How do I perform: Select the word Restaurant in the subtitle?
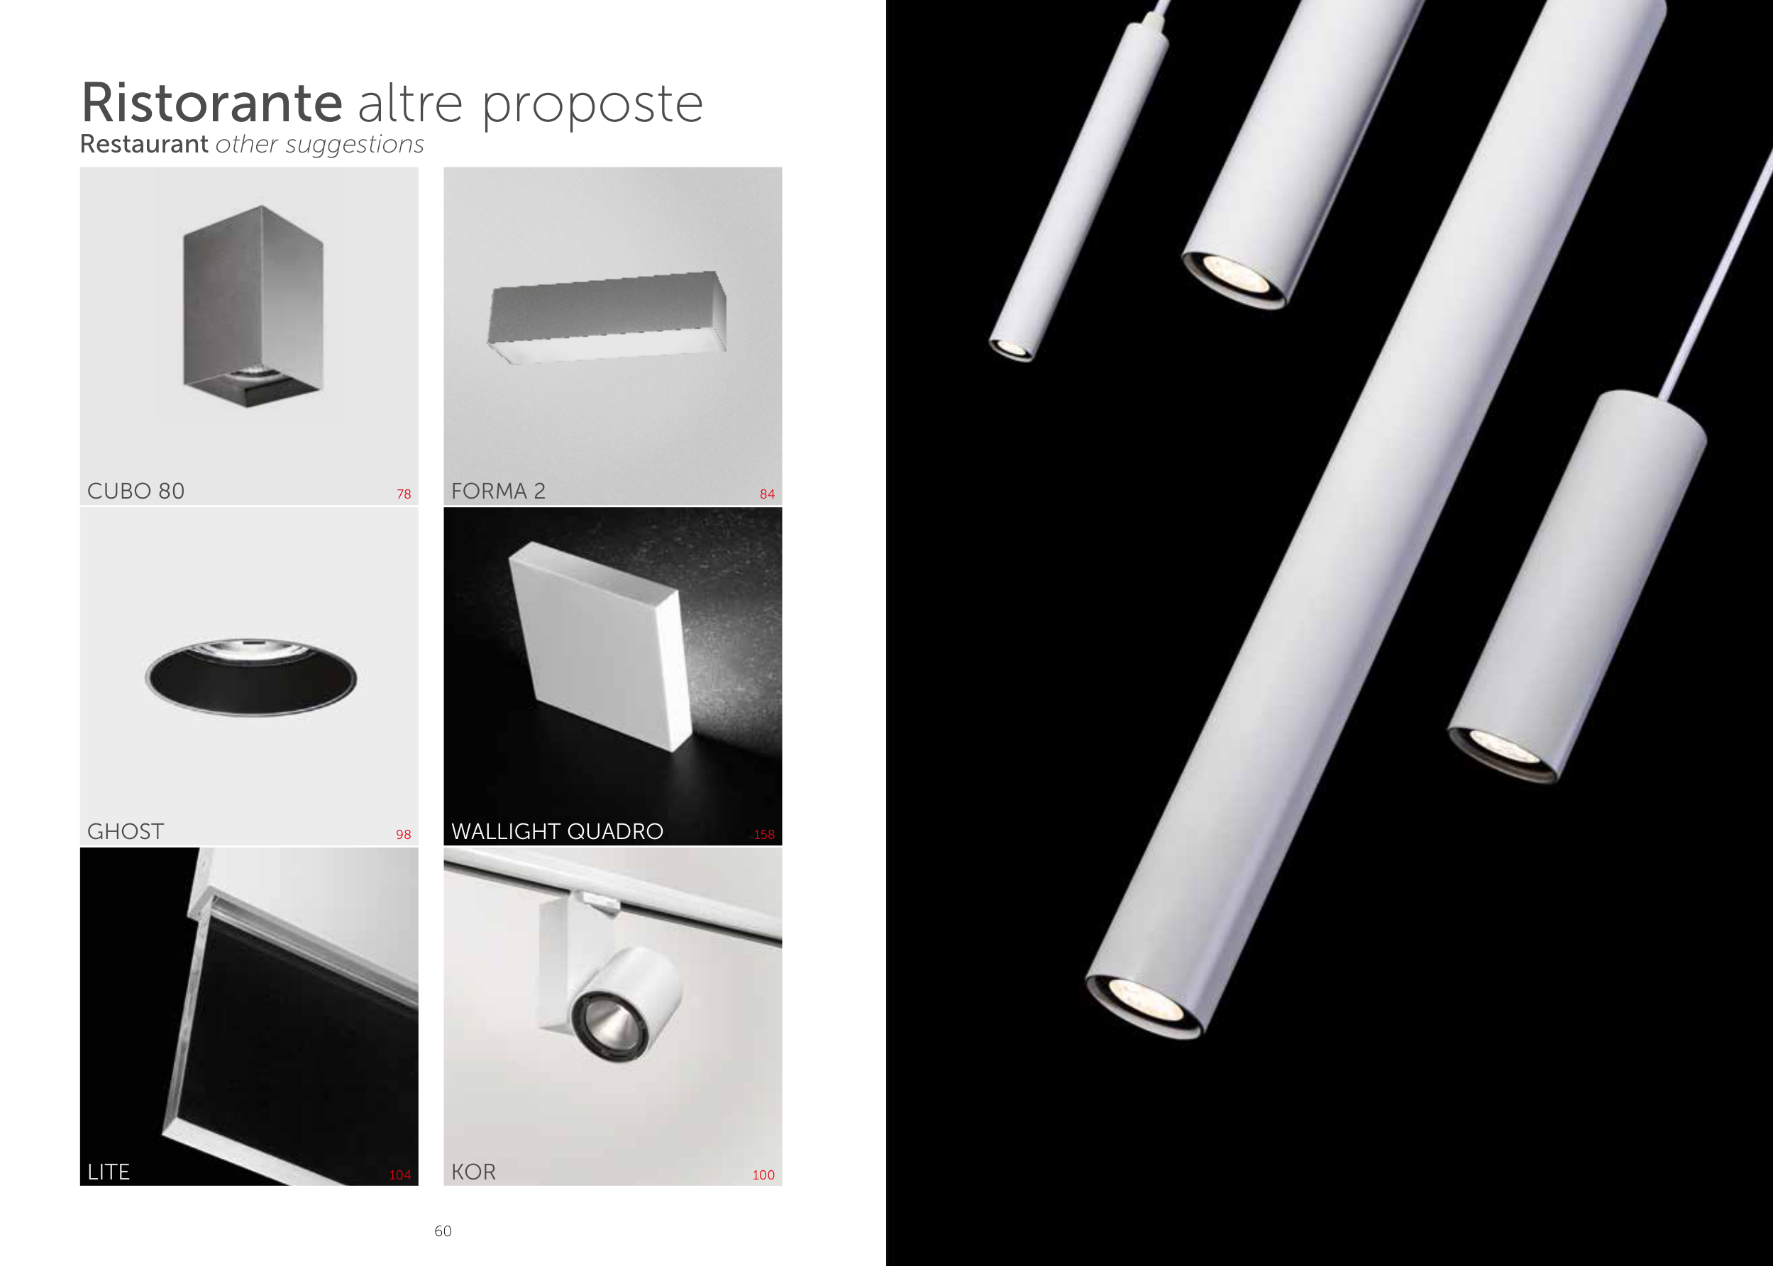point(144,143)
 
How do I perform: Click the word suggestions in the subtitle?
point(355,145)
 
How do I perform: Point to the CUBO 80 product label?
point(136,491)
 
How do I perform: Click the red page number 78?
point(404,494)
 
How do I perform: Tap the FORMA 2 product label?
point(498,491)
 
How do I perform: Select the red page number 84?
point(767,494)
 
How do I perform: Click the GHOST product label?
point(126,832)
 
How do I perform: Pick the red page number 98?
point(403,834)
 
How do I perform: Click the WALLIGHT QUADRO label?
point(558,832)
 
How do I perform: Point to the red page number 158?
point(764,834)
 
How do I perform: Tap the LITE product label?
point(109,1172)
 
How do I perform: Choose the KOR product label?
point(473,1172)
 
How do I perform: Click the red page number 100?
point(763,1175)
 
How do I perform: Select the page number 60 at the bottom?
point(443,1231)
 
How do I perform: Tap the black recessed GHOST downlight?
point(251,677)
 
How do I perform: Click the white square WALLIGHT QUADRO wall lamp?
point(600,646)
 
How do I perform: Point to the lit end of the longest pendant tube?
point(1144,1006)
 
